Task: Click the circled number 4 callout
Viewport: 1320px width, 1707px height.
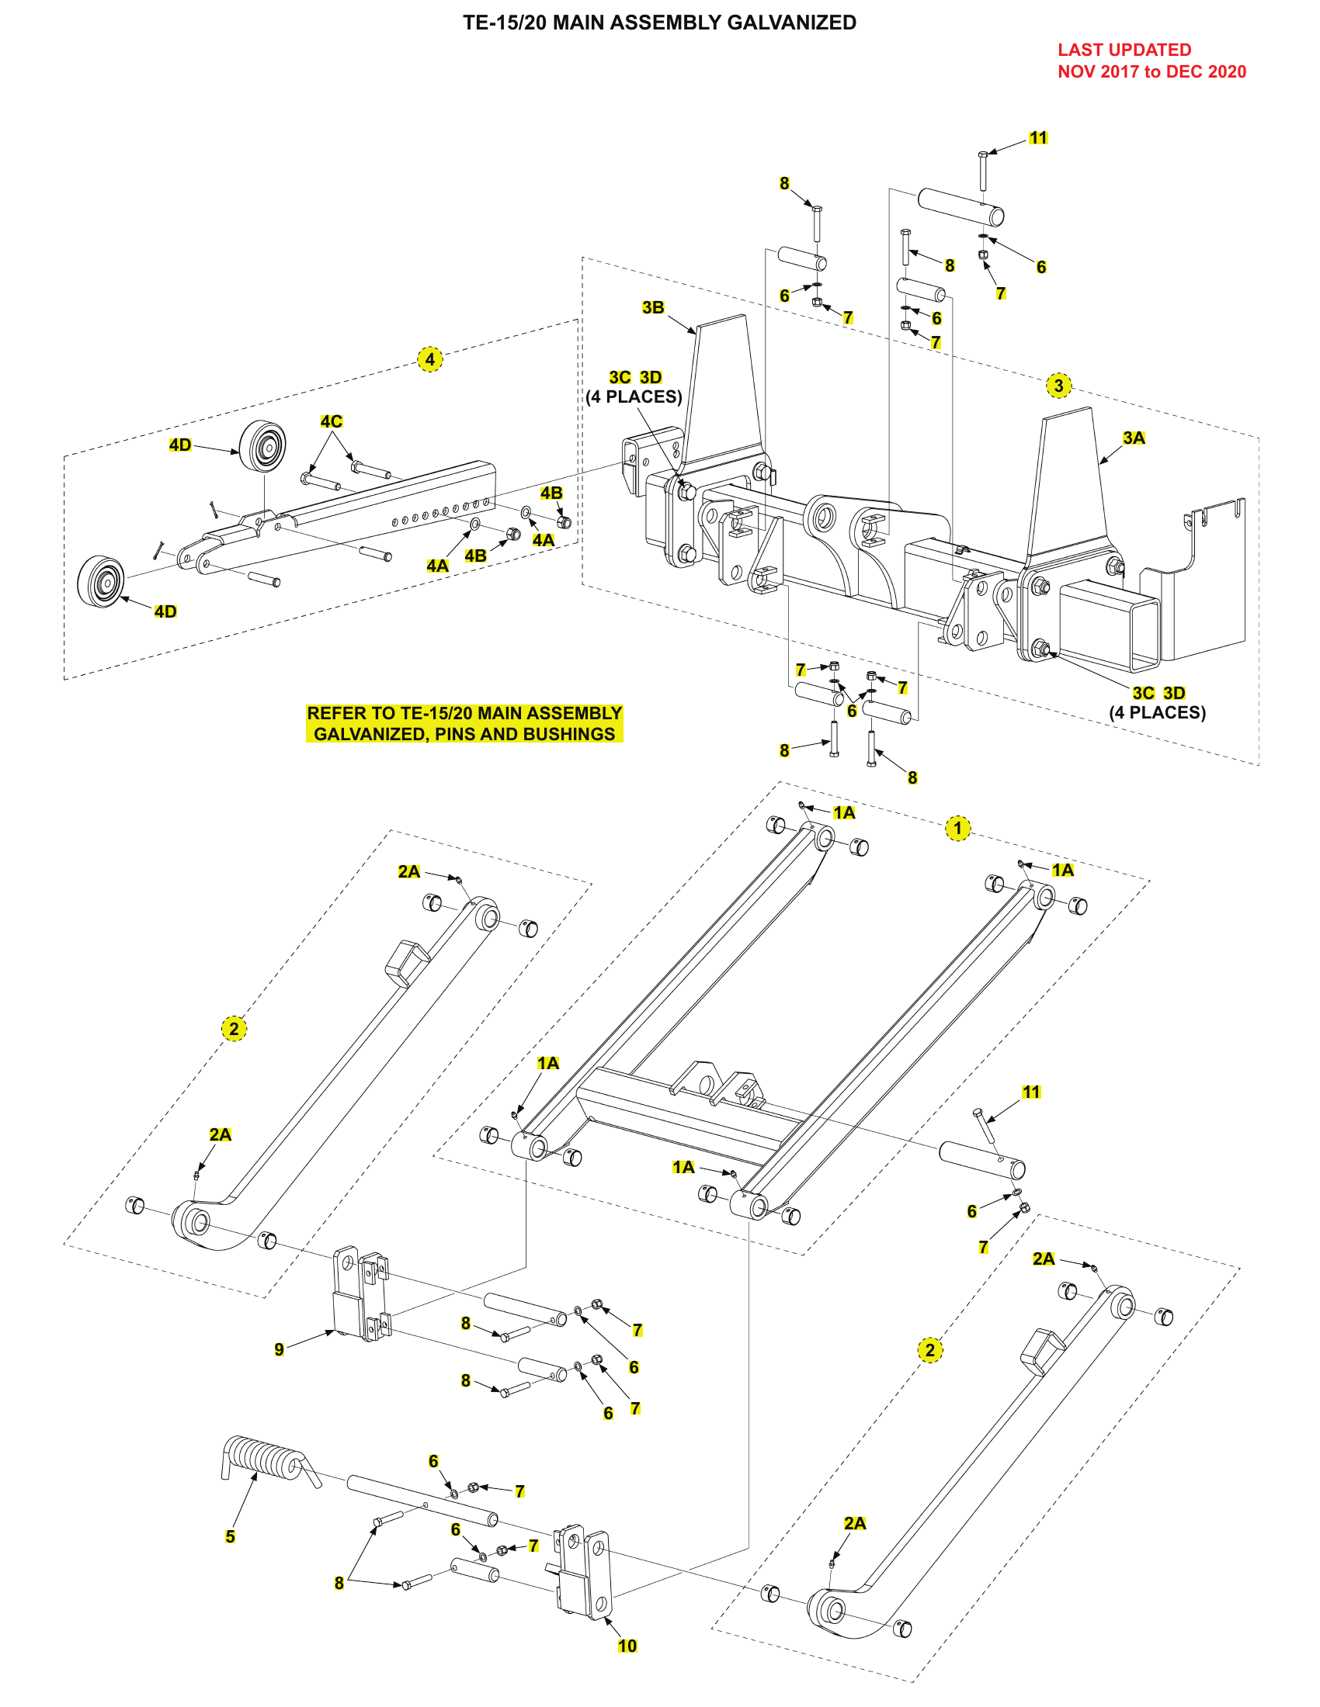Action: (x=429, y=359)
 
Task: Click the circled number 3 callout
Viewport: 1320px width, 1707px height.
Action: (x=1058, y=386)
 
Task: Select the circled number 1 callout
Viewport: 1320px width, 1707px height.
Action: (x=957, y=829)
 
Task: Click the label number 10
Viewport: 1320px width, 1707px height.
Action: (x=627, y=1646)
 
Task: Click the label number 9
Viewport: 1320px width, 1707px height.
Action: (x=280, y=1349)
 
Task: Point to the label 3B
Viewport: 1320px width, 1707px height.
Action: (x=653, y=307)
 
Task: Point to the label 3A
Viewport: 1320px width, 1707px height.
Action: (x=1133, y=438)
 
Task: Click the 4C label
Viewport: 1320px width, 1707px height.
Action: (x=331, y=421)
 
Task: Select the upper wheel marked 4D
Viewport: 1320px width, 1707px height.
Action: (x=262, y=446)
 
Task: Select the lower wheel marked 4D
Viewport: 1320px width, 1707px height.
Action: (x=101, y=581)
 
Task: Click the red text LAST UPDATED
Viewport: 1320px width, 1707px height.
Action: (x=1124, y=50)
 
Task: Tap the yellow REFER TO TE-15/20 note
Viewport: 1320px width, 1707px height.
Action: (x=464, y=723)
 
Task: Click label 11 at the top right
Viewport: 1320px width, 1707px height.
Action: (x=1037, y=137)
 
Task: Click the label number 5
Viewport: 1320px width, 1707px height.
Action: (x=230, y=1536)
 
